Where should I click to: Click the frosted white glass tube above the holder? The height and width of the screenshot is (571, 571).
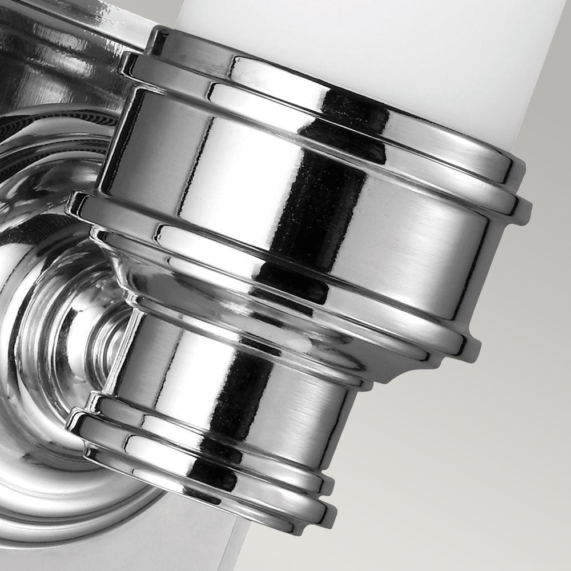(x=365, y=46)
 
